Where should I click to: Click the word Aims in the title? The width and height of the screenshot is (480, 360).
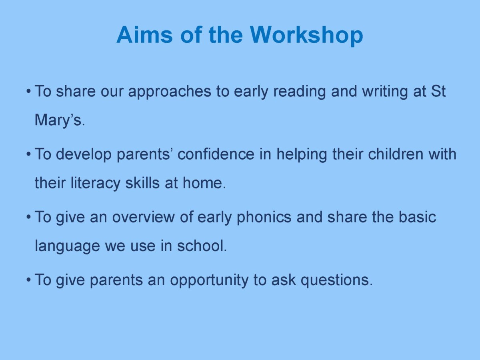(x=145, y=35)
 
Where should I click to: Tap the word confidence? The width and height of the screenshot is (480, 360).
(x=216, y=154)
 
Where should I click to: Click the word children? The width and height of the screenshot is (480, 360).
(x=396, y=154)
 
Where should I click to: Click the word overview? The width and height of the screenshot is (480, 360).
(x=144, y=217)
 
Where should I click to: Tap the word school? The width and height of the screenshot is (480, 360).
(x=202, y=246)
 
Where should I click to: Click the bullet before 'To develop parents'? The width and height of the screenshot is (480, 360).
(x=28, y=154)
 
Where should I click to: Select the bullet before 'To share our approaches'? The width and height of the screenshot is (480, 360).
(x=28, y=92)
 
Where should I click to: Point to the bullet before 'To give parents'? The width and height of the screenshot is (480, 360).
(x=28, y=280)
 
